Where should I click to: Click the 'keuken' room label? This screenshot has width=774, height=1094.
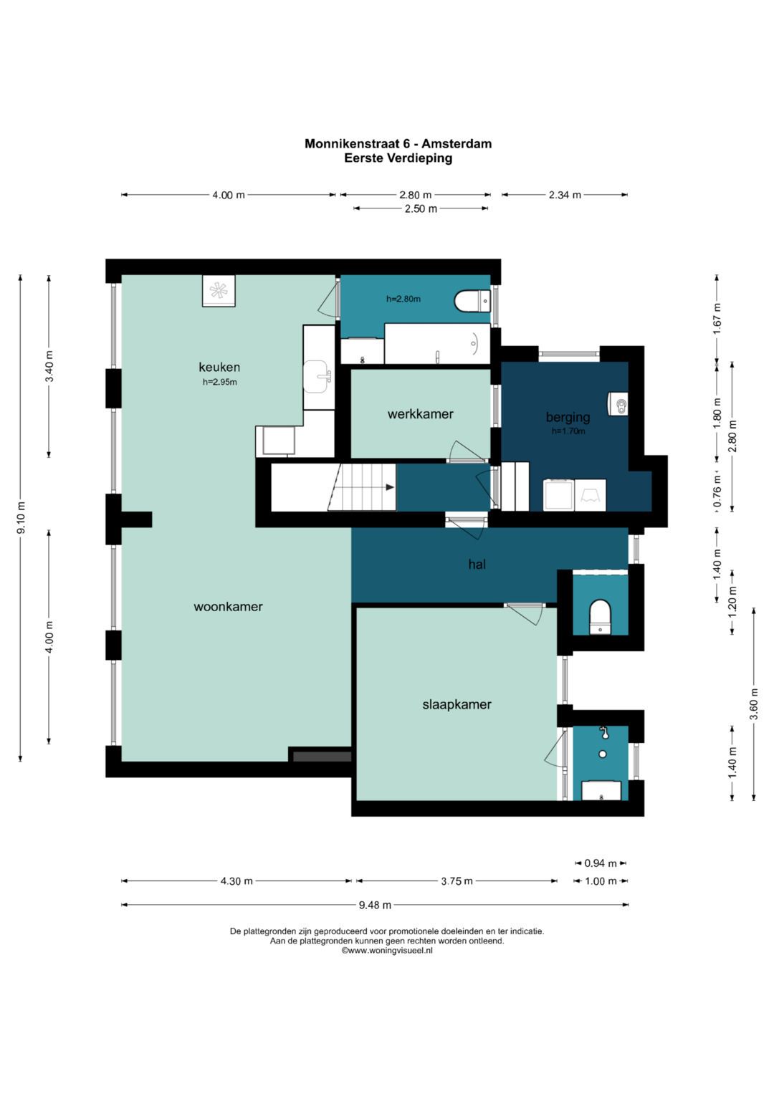(219, 367)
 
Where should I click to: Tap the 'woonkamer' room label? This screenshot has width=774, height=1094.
(228, 607)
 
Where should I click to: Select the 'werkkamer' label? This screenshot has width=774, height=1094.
(420, 414)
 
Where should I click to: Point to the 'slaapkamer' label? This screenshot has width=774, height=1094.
(457, 705)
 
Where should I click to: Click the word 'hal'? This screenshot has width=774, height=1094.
(477, 564)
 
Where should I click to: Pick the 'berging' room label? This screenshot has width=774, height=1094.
(568, 417)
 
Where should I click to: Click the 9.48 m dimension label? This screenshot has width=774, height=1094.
(375, 905)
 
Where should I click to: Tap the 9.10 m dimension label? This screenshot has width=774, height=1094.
(21, 518)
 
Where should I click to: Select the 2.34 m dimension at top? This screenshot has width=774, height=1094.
(565, 195)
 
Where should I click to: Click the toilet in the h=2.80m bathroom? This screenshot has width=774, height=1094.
(472, 302)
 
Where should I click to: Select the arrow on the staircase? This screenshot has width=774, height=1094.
(390, 487)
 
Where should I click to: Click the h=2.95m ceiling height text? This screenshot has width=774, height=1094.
(220, 382)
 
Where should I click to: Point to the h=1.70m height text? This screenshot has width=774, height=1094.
(568, 431)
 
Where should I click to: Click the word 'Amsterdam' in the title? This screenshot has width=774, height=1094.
(457, 143)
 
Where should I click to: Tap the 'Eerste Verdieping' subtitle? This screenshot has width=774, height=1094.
(398, 158)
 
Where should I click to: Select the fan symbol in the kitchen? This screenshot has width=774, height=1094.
(219, 291)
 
